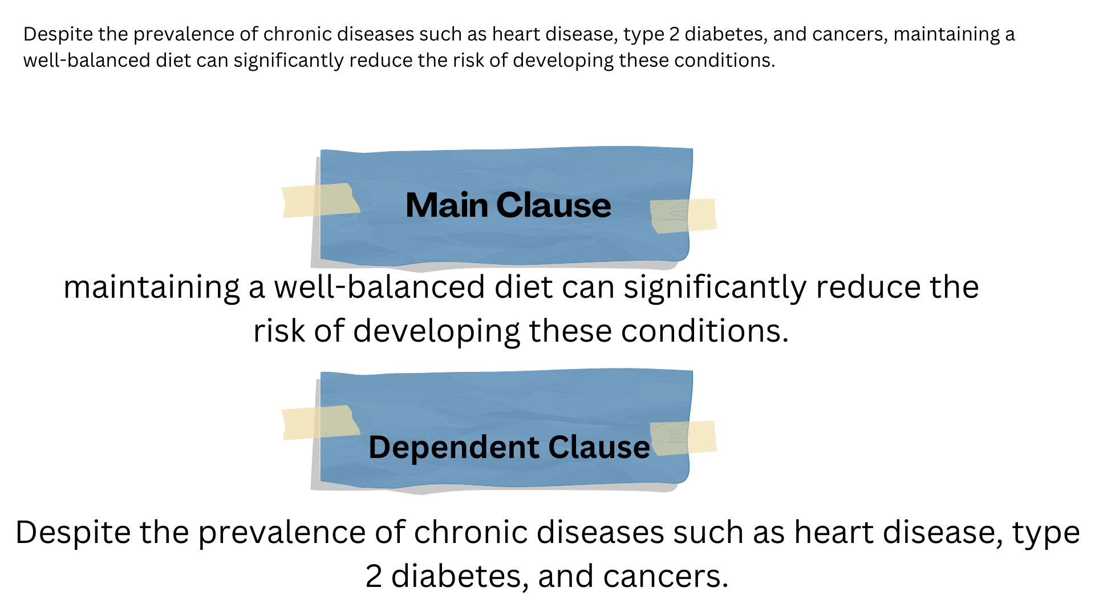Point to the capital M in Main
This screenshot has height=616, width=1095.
tap(419, 205)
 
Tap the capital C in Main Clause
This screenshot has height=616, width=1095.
tap(509, 205)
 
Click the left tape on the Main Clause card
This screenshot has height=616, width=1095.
tap(319, 201)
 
